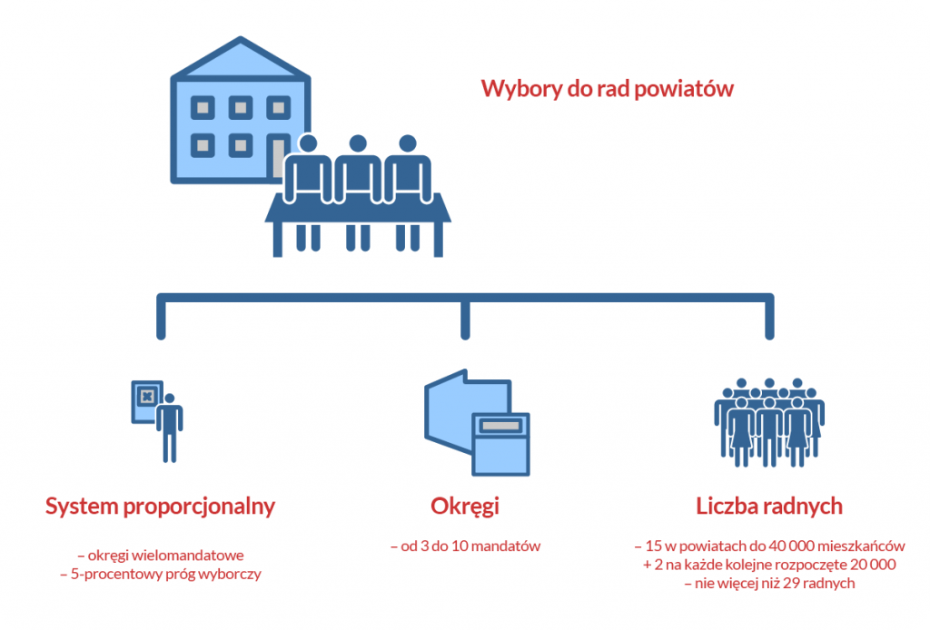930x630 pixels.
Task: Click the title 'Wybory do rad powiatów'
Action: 607,90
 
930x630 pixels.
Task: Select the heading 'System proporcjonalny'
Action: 160,506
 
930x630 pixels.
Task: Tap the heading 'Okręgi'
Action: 465,506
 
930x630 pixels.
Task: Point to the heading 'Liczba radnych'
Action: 769,506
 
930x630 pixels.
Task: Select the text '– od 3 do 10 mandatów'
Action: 465,546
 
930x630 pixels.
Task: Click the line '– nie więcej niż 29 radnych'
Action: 769,584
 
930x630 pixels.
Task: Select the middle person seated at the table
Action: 358,172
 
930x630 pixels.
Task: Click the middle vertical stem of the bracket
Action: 466,318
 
